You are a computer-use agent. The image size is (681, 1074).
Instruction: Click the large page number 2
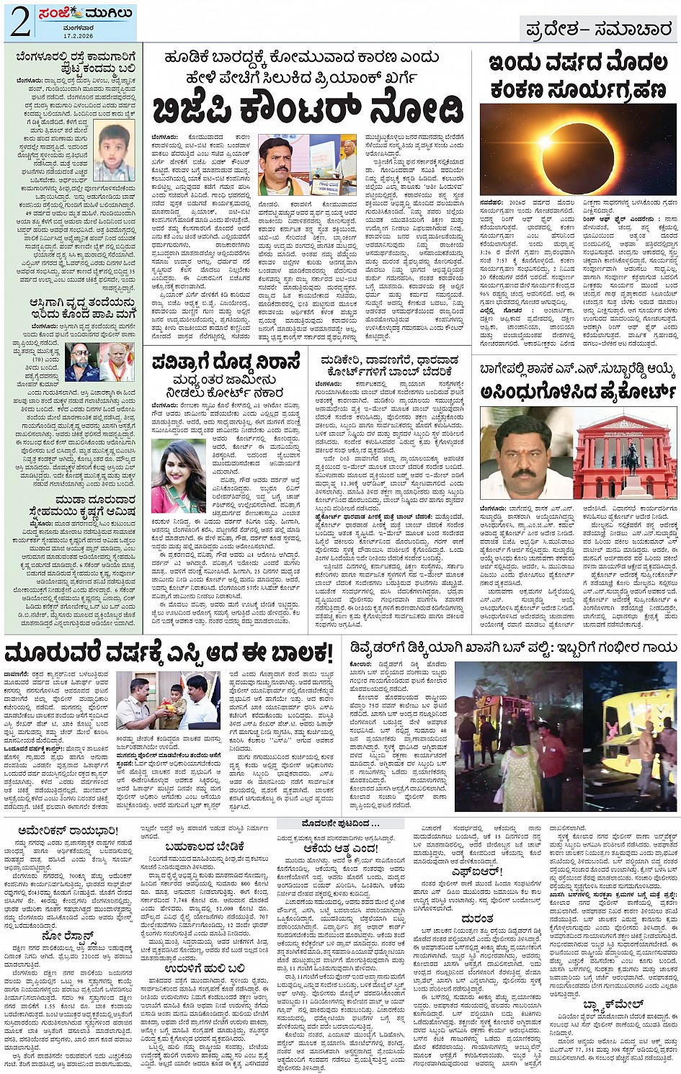(20, 23)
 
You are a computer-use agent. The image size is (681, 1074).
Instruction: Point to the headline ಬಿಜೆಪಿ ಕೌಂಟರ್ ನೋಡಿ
(308, 109)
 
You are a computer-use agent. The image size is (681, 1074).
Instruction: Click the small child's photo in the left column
(115, 152)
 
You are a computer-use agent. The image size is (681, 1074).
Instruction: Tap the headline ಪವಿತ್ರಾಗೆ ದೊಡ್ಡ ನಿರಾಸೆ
(226, 364)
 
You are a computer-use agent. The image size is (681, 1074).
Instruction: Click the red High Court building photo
(625, 455)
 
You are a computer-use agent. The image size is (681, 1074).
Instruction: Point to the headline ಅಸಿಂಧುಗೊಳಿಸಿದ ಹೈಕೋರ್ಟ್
(579, 392)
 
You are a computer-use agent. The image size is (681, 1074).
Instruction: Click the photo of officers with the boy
(167, 702)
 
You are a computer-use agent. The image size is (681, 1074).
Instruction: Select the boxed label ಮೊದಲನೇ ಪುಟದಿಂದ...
(340, 823)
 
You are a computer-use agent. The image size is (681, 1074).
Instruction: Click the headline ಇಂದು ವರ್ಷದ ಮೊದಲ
(578, 63)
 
